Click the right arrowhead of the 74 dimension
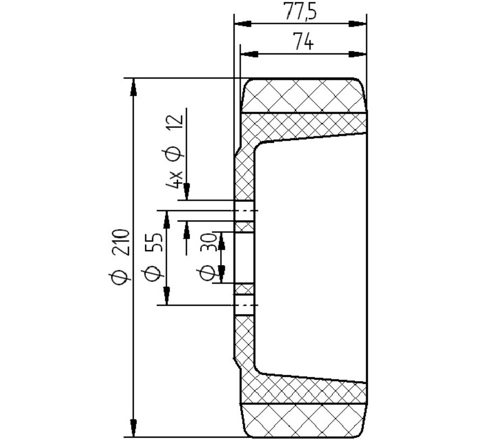pyautogui.click(x=358, y=54)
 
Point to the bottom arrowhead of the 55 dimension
pyautogui.click(x=167, y=297)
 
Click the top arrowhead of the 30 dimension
pyautogui.click(x=220, y=239)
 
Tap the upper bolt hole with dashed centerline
pyautogui.click(x=244, y=210)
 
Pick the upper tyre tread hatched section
pyautogui.click(x=305, y=96)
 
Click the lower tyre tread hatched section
pyautogui.click(x=305, y=420)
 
